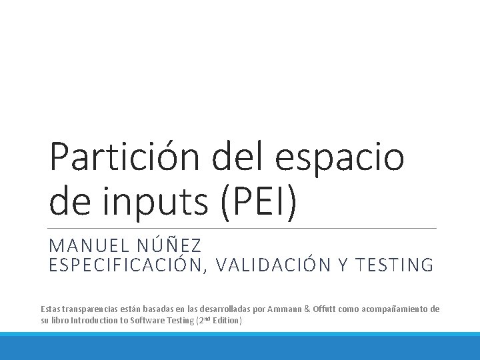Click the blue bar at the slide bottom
click(240, 346)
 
